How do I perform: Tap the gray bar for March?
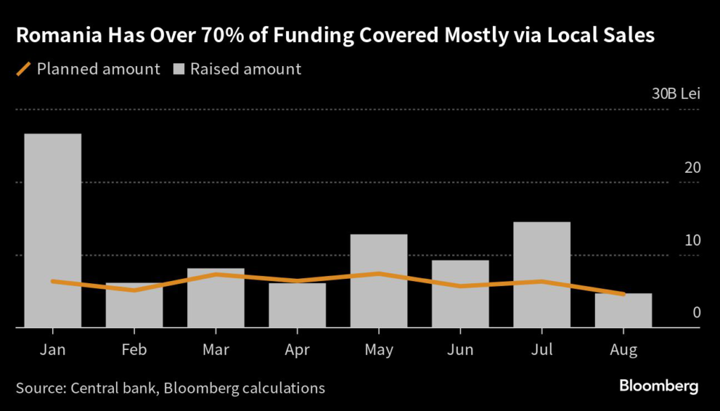pyautogui.click(x=216, y=298)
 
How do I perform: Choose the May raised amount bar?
pyautogui.click(x=379, y=281)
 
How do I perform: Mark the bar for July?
pyautogui.click(x=542, y=275)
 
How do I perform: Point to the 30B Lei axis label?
pyautogui.click(x=676, y=94)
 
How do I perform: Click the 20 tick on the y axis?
pyautogui.click(x=693, y=168)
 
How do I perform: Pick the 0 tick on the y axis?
pyautogui.click(x=697, y=312)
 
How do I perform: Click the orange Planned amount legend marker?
pyautogui.click(x=24, y=69)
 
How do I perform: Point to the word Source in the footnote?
pyautogui.click(x=41, y=387)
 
